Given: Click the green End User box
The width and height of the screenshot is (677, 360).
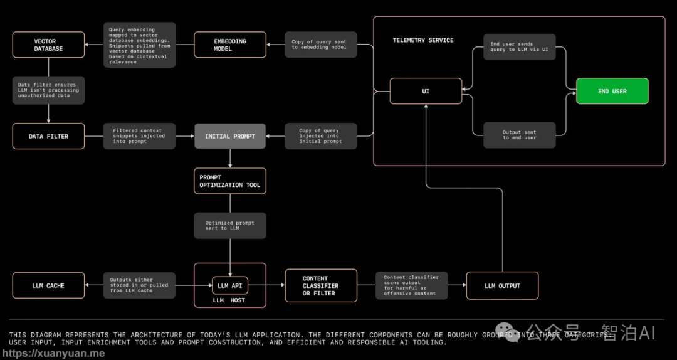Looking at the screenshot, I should point(612,92).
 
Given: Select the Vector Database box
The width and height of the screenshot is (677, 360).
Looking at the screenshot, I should point(48,45).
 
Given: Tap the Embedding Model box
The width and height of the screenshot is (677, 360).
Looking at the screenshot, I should point(230,45).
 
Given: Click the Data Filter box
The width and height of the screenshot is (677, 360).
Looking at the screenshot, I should point(48,136).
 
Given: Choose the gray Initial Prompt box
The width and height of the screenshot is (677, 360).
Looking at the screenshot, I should point(230,136).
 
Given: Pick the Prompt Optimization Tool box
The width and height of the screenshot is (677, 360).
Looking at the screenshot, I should point(230,181).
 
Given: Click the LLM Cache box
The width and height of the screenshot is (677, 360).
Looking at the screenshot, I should point(48,285).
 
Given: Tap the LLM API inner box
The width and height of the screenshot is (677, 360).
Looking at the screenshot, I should point(230,285).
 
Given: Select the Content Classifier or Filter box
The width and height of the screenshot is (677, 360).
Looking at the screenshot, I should point(321,285).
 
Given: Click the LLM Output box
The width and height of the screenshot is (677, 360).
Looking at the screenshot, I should point(502,285).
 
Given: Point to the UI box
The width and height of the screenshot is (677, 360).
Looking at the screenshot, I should point(426,92).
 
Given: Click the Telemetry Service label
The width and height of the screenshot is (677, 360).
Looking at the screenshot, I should point(423,40).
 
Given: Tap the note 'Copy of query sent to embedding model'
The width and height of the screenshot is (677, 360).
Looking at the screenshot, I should point(320,45).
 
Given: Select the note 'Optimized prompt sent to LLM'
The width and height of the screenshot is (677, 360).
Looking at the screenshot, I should point(230,225).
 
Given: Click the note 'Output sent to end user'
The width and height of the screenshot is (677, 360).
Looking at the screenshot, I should point(520,135).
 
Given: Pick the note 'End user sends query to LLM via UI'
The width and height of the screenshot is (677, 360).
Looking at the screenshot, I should point(520,47).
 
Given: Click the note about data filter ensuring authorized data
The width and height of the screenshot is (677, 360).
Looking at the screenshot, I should point(48,90).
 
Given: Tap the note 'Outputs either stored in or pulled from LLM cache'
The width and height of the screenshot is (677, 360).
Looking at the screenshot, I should point(139,285).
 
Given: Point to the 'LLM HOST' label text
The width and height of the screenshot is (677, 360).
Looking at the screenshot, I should point(229,300).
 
